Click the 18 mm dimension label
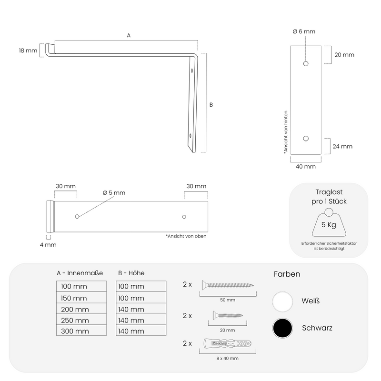[28, 50]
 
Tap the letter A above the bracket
[129, 35]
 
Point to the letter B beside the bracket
[211, 105]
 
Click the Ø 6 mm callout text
[304, 31]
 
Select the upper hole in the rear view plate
[306, 64]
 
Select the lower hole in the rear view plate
[306, 139]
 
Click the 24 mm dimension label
[342, 146]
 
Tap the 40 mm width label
[306, 166]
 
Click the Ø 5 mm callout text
[114, 193]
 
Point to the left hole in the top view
[77, 216]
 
